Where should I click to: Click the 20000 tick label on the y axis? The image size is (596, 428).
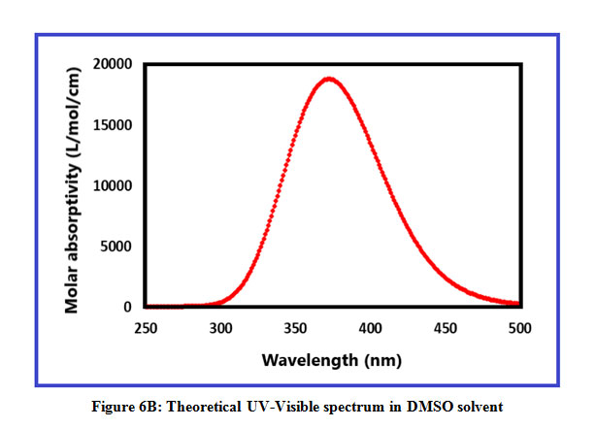click(114, 64)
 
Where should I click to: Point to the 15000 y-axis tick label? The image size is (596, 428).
click(114, 125)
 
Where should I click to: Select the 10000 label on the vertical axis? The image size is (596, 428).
click(114, 185)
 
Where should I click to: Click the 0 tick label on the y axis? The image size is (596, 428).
click(127, 307)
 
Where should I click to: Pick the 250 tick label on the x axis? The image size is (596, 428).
click(145, 329)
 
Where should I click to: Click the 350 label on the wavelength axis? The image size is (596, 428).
click(295, 329)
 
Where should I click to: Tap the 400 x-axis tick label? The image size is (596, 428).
click(370, 329)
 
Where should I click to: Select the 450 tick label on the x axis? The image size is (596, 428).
click(446, 329)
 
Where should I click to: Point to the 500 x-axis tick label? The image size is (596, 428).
click(520, 329)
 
